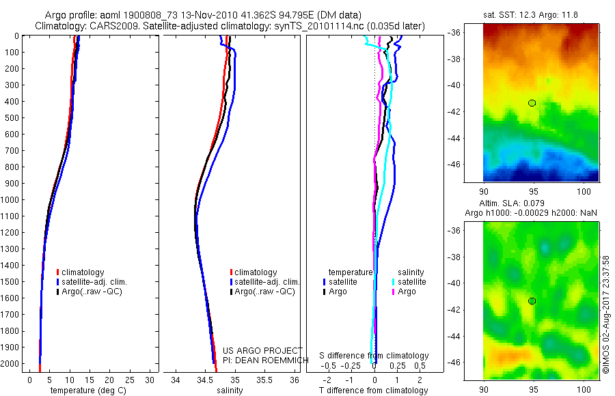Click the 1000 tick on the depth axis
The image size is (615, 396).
[11, 200]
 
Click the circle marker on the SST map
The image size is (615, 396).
[532, 103]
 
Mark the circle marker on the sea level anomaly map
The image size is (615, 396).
[532, 301]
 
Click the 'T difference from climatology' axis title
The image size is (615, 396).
[374, 391]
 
